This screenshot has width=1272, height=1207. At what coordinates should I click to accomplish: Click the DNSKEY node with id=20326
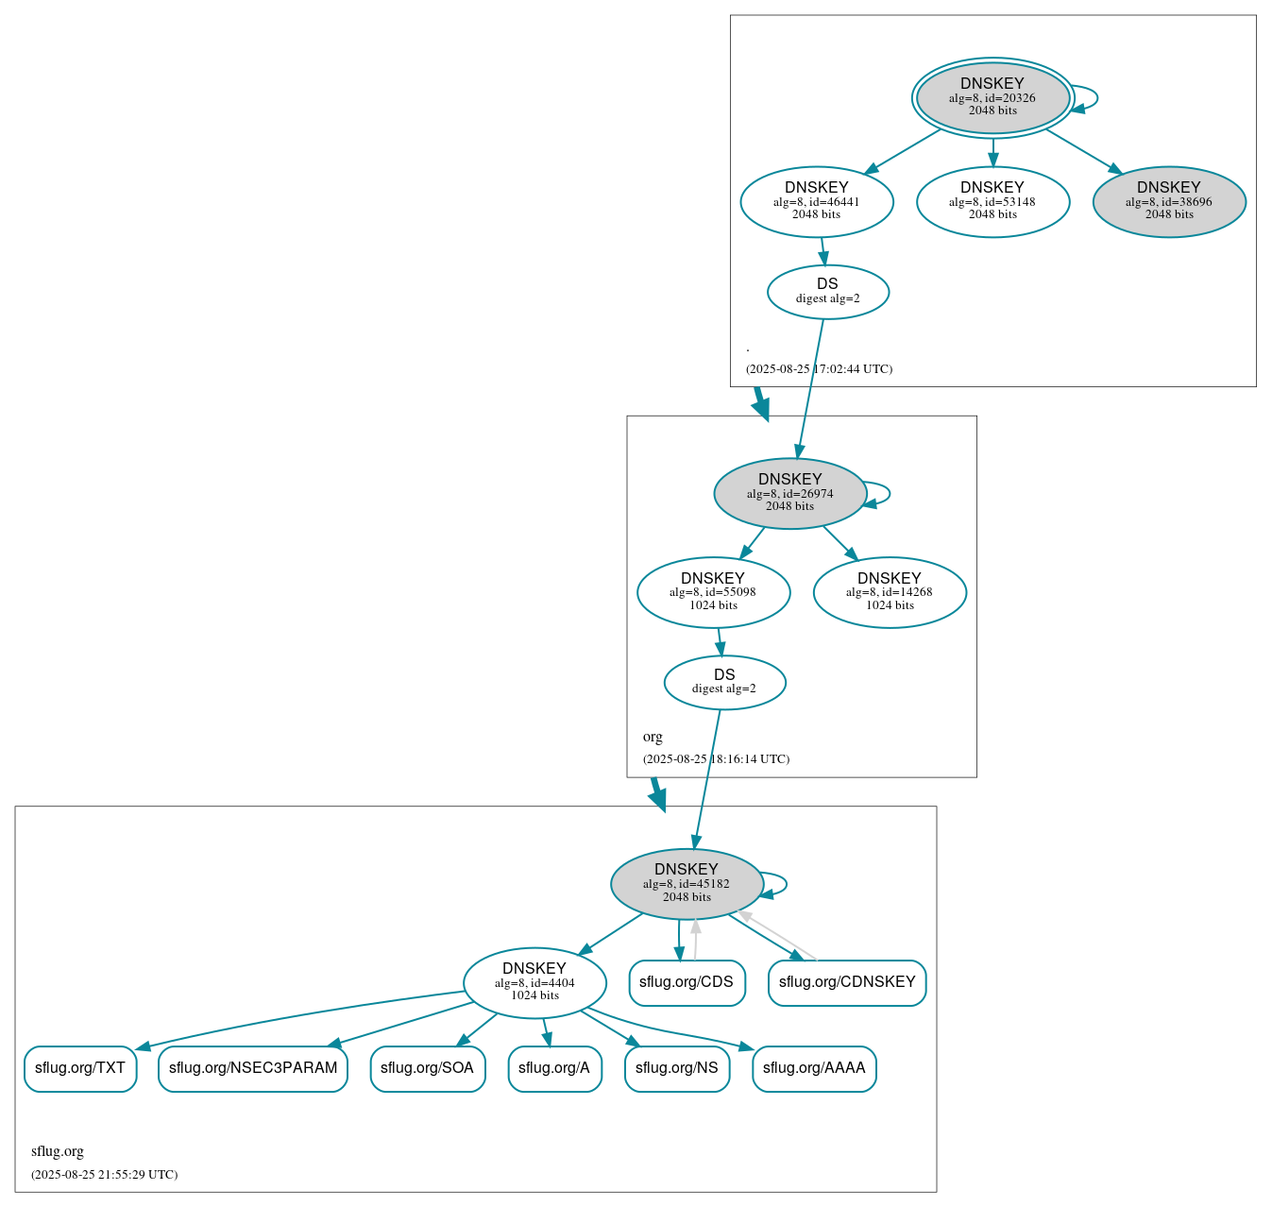coord(992,97)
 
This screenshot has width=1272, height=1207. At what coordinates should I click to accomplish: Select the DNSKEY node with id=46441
coord(817,201)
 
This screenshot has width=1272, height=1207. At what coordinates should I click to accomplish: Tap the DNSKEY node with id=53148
coord(992,201)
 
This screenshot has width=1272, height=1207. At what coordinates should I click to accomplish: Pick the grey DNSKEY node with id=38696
coord(1169,201)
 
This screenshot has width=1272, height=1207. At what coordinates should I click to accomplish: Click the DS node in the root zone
coord(827,292)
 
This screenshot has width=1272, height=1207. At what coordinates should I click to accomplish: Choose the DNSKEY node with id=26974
coord(790,493)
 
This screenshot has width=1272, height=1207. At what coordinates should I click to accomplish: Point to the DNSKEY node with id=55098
coord(713,592)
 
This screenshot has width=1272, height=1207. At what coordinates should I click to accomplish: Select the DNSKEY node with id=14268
coord(890,592)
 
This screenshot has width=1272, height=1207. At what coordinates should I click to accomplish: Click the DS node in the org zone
coord(724,682)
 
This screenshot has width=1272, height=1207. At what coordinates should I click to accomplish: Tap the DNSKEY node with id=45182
coord(687,884)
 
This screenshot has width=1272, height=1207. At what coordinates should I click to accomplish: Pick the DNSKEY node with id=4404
coord(534,982)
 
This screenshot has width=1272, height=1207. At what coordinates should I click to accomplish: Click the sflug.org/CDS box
coord(687,982)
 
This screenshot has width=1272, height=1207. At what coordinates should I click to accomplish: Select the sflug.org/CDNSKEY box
coord(847,982)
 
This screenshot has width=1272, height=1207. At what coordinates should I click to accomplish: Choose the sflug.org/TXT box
coord(80,1068)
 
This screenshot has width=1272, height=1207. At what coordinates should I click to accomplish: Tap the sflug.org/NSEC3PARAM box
coord(253,1068)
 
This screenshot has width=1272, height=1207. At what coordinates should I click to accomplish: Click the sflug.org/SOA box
coord(427,1068)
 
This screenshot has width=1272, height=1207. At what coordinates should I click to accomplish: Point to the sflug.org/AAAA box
coord(814,1068)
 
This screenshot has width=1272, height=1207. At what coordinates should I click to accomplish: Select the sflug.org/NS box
coord(676,1068)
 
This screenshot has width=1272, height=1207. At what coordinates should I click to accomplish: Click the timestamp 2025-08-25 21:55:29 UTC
coord(104,1175)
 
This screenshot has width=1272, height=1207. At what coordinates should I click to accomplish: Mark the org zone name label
coord(653,737)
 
